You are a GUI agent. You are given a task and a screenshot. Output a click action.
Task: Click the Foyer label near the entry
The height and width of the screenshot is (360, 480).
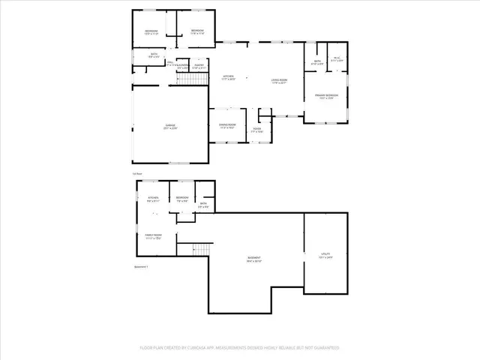(257, 130)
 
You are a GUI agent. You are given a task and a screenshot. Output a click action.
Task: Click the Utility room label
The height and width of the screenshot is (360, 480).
(325, 256)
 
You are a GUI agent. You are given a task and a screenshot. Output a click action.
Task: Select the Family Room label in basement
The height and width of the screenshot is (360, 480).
(153, 237)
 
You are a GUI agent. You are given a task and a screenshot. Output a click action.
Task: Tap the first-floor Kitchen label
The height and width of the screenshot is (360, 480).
(228, 77)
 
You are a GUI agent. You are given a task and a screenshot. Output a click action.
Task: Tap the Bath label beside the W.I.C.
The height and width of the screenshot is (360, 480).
(317, 62)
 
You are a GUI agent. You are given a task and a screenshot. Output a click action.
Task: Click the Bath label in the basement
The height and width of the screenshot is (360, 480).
(203, 205)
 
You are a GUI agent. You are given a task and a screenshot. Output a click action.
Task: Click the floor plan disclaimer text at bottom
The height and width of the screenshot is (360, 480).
(240, 348)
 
